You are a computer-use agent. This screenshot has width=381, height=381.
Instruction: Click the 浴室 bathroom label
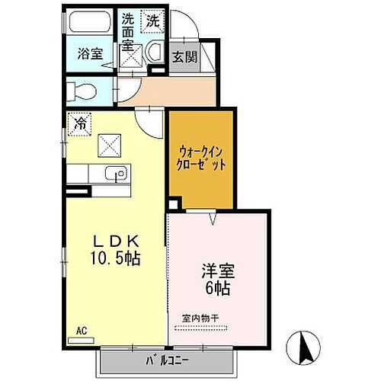coord(90,53)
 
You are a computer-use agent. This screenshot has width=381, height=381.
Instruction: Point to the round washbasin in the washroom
coord(153,53)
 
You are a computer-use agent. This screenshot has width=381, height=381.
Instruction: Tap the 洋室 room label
coord(217,271)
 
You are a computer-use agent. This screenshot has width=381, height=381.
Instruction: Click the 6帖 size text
coord(217,290)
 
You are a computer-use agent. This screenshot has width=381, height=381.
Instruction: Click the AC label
coord(82,331)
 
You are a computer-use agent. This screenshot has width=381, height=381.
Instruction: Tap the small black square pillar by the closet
coord(174,204)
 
